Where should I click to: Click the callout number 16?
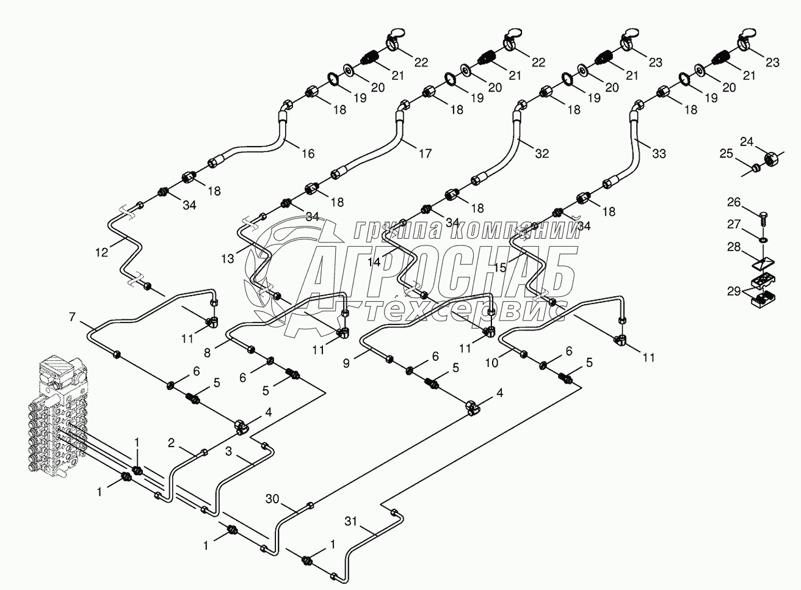tap(308, 153)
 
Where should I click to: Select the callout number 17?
tap(425, 153)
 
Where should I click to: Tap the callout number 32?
tap(542, 153)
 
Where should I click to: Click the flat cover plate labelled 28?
tap(763, 263)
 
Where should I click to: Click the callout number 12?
tap(101, 250)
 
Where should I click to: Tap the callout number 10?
tap(492, 362)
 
